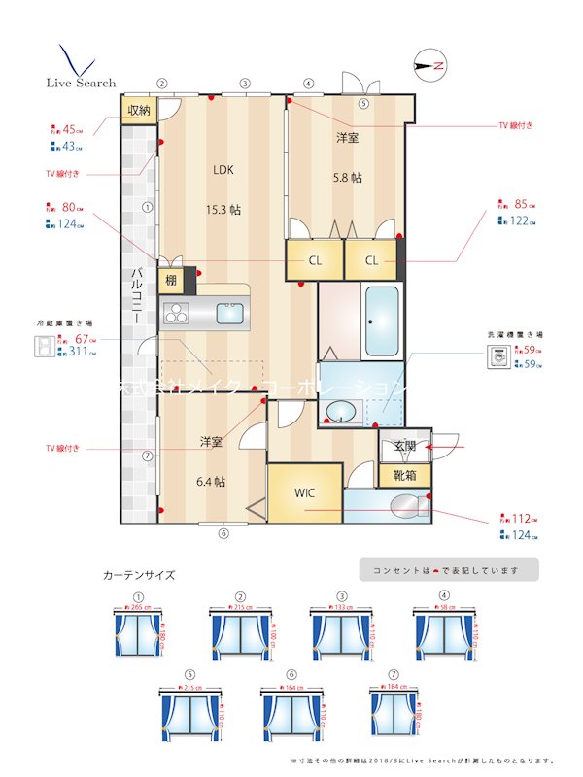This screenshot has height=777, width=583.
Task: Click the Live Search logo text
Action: point(82,83)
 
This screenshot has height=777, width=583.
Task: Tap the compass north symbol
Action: point(429,66)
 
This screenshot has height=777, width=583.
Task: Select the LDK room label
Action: point(224,168)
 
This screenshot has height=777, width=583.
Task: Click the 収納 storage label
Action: point(139,110)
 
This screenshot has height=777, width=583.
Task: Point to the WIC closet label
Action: point(305,491)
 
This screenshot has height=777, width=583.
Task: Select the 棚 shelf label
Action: point(170,281)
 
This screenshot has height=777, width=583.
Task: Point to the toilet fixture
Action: point(403,506)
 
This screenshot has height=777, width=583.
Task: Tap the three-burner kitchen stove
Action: point(179,313)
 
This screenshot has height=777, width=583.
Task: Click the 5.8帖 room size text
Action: point(347,178)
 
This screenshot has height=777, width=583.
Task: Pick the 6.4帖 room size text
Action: point(212,481)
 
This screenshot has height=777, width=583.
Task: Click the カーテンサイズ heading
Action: point(139,575)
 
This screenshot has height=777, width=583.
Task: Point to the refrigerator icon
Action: point(45,347)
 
